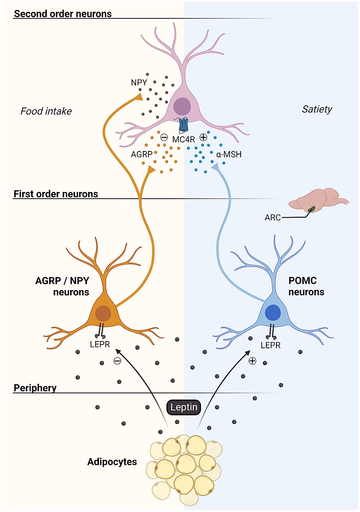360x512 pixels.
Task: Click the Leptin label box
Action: click(x=184, y=407)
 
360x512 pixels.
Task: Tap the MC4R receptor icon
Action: click(x=183, y=125)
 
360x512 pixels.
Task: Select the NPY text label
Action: click(x=139, y=82)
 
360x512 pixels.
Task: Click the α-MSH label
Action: click(x=229, y=154)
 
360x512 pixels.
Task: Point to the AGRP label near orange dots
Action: click(x=141, y=154)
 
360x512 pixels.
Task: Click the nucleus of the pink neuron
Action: click(x=182, y=106)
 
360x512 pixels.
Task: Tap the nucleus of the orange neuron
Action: click(x=103, y=313)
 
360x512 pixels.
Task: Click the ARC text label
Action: click(x=273, y=218)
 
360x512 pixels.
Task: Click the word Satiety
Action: click(x=317, y=109)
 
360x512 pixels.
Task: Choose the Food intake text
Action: click(x=46, y=111)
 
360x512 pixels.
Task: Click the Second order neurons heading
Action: click(x=63, y=14)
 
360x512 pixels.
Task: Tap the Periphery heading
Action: click(x=35, y=388)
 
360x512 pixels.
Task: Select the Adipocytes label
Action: click(x=112, y=462)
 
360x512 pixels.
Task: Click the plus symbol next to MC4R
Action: click(x=203, y=137)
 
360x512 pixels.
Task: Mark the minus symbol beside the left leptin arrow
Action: click(x=117, y=361)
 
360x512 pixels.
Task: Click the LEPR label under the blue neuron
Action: click(x=270, y=345)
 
